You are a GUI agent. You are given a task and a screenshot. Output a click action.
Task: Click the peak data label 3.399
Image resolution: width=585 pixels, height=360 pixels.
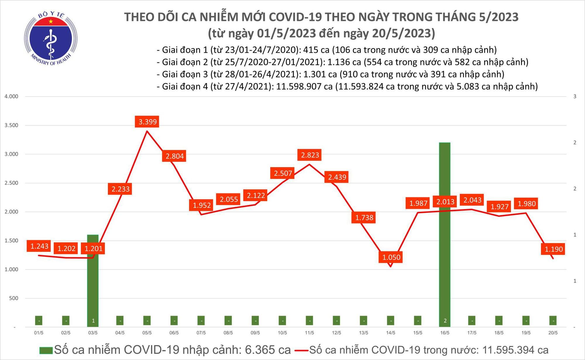147,122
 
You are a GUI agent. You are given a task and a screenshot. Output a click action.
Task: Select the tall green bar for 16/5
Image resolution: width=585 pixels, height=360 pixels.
445,234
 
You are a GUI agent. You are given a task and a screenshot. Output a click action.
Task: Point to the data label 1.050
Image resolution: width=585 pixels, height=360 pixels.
391,257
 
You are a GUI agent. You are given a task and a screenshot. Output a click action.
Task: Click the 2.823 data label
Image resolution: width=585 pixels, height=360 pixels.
310,155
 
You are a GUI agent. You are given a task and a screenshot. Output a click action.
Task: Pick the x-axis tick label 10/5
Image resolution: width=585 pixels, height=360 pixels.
282,333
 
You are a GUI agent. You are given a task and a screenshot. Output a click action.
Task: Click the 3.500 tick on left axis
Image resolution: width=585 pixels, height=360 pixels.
11,125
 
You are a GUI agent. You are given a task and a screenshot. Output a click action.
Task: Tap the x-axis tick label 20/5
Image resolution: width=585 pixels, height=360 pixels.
553,333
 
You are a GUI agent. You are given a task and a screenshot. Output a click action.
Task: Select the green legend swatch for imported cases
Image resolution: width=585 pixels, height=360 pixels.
46,350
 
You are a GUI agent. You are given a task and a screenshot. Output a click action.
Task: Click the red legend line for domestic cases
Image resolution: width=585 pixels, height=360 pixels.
302,350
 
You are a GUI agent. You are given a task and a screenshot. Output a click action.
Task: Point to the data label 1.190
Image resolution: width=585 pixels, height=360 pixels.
553,249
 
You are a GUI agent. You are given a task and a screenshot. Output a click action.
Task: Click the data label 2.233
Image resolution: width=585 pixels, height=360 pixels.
121,189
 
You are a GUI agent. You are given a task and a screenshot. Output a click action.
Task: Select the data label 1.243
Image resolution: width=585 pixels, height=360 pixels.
39,246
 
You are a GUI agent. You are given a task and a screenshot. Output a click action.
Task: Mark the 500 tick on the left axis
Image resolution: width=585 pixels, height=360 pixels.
13,298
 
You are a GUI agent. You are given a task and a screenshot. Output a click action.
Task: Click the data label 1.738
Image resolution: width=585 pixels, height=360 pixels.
364,217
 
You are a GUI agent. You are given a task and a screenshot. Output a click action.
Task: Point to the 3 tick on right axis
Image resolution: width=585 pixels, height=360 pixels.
575,96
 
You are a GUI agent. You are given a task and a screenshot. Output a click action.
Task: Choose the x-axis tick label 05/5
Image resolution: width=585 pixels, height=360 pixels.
147,333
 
